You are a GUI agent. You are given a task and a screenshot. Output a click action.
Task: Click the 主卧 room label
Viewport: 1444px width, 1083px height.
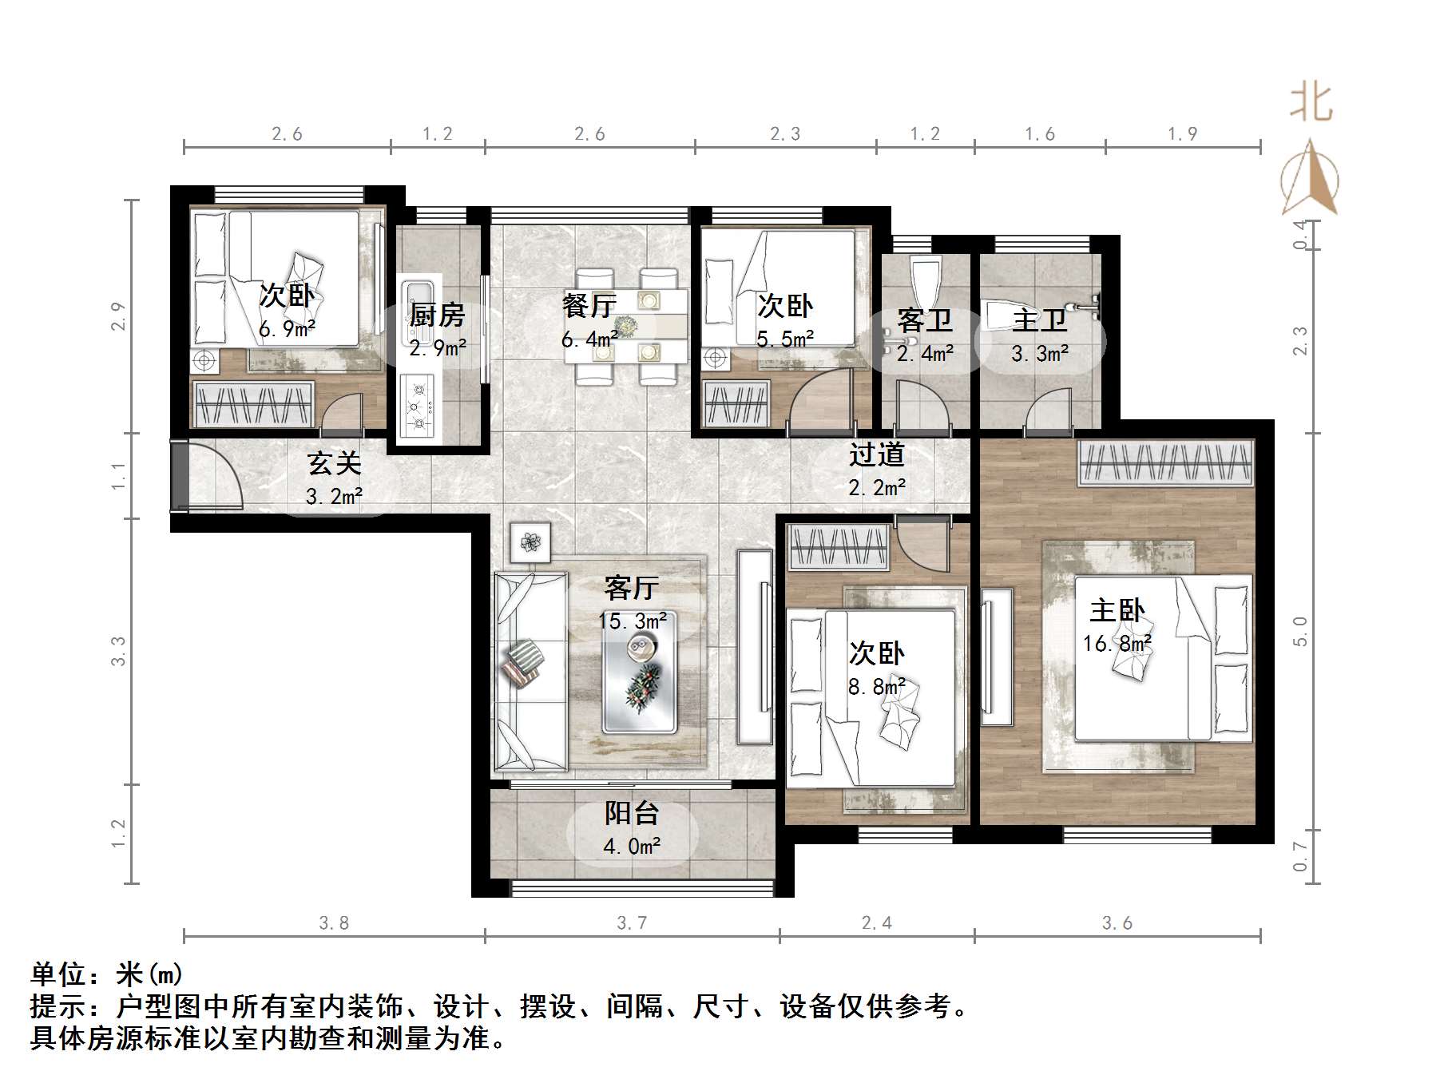1117,611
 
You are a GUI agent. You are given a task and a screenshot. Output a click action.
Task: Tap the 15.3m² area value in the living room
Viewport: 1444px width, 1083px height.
633,621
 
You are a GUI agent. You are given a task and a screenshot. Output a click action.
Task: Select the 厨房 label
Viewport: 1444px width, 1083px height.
437,315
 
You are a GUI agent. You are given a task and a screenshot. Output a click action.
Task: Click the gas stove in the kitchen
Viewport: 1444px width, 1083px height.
416,406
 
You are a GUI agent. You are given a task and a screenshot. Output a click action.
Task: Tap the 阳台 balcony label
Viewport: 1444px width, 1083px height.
632,813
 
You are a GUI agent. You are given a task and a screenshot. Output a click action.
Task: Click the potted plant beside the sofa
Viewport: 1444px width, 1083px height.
530,542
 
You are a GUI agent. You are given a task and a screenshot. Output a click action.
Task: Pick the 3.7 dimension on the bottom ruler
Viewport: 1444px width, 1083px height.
632,923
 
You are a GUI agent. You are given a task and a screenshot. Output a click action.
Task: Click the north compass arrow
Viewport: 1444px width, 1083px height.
1310,179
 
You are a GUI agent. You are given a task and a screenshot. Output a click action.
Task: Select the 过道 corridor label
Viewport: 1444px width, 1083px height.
876,455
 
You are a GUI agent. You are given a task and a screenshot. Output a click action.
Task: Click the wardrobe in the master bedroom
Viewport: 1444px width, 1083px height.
1164,462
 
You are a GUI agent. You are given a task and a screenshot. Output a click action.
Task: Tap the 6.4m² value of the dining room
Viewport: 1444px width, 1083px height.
589,339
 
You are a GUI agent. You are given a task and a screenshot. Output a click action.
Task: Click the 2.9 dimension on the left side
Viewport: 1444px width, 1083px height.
118,316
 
